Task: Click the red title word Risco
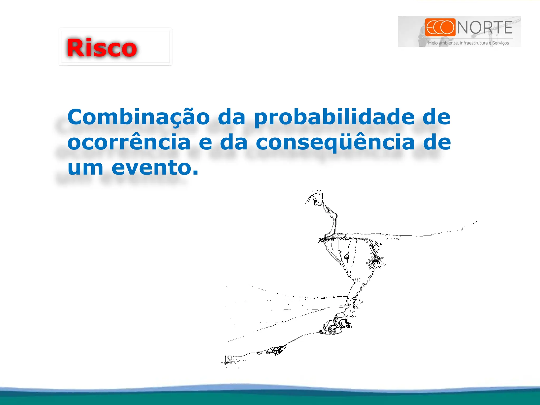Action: [102, 48]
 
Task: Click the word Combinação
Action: [138, 117]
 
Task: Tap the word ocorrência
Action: [129, 142]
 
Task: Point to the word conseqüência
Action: [335, 142]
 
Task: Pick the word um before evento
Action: [85, 167]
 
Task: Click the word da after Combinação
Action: [232, 117]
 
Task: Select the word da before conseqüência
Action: [234, 142]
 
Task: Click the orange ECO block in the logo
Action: [440, 27]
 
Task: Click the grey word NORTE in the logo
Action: [485, 28]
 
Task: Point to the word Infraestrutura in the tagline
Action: [473, 43]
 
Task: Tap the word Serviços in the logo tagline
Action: [500, 43]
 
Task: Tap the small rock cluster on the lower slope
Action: [276, 350]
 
